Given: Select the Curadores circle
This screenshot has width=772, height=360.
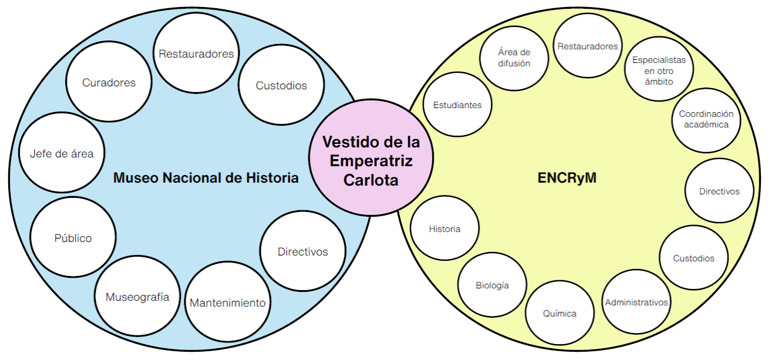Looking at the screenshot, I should click(109, 83).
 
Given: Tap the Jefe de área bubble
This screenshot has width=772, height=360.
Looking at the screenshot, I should click(61, 154).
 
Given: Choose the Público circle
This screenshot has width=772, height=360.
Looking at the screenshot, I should click(73, 238).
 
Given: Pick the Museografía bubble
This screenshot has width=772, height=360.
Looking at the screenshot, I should click(137, 297).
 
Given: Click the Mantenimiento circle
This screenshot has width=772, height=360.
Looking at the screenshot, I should click(228, 303).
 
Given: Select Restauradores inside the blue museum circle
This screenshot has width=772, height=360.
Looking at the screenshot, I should click(196, 54).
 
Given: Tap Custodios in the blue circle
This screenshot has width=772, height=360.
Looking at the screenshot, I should click(281, 86).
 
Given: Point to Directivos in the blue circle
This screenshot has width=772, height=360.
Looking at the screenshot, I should click(302, 252).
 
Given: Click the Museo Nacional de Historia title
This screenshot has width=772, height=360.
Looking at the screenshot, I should click(205, 177).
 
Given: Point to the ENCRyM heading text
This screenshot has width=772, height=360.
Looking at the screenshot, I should click(567, 178).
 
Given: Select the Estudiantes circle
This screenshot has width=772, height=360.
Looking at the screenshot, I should click(457, 105).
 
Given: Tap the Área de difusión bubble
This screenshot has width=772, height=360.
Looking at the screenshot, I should click(514, 58).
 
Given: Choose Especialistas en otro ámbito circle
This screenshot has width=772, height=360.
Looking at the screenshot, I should click(659, 70).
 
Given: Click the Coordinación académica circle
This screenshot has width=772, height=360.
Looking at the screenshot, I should click(706, 120).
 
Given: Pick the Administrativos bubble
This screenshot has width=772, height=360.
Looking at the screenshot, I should click(636, 302).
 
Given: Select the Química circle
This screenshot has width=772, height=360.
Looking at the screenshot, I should click(559, 314).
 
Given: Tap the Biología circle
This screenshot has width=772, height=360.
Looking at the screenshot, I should click(492, 286).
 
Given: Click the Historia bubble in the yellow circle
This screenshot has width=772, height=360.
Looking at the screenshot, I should click(444, 229).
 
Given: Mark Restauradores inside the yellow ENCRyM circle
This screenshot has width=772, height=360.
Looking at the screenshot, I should click(588, 46).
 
